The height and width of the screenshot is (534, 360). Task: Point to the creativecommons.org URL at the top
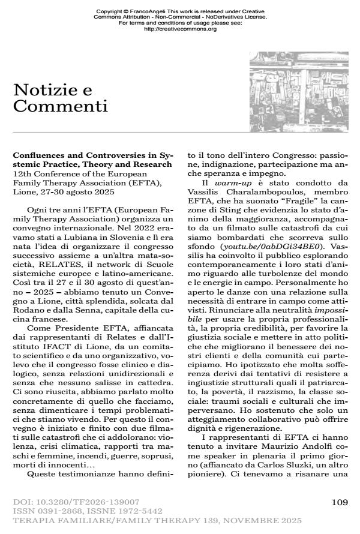[181, 29]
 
